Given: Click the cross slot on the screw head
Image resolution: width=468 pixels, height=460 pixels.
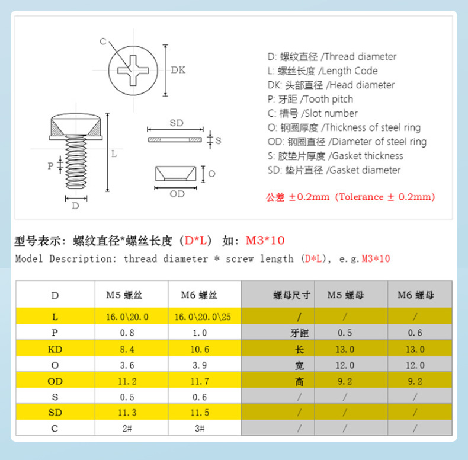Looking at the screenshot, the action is coord(133,71).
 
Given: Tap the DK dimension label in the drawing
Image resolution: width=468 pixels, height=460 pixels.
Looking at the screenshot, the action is coord(178,70).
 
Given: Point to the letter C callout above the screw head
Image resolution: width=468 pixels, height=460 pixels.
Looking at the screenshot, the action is coord(103,41).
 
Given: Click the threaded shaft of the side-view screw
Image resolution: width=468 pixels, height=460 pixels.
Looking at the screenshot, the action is coord(76,162).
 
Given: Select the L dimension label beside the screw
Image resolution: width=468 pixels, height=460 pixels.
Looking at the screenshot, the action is coord(114,154).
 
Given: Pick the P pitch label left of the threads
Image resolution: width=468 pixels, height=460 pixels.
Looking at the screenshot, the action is coord(50,166).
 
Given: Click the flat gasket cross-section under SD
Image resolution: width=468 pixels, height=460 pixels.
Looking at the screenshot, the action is coord(175,139).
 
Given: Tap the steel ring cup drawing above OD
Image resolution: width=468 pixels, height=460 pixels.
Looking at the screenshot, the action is coord(175,174).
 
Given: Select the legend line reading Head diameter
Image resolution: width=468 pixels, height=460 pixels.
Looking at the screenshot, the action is coord(331,85).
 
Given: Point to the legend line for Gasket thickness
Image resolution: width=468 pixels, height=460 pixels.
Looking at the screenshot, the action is coord(335,156).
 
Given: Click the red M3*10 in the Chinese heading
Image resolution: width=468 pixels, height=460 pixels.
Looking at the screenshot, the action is coord(265,241).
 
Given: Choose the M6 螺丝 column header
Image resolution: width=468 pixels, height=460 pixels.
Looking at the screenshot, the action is coord(199,295).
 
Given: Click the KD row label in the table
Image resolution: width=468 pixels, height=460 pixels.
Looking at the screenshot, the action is coord(55,349).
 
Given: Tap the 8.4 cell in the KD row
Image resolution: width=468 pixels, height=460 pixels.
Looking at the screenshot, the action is coord(127,349).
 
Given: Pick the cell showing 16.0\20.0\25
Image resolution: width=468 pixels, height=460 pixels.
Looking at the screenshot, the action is coord(203,317).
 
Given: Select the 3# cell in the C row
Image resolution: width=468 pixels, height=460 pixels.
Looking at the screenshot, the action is coord(200,429).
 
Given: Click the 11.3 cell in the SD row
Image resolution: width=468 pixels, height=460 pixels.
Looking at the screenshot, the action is coord(127,413).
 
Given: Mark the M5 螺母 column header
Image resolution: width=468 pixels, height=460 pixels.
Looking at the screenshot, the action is coord(345,295).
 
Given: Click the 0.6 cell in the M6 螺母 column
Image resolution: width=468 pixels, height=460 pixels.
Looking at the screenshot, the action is coord(415,333).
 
